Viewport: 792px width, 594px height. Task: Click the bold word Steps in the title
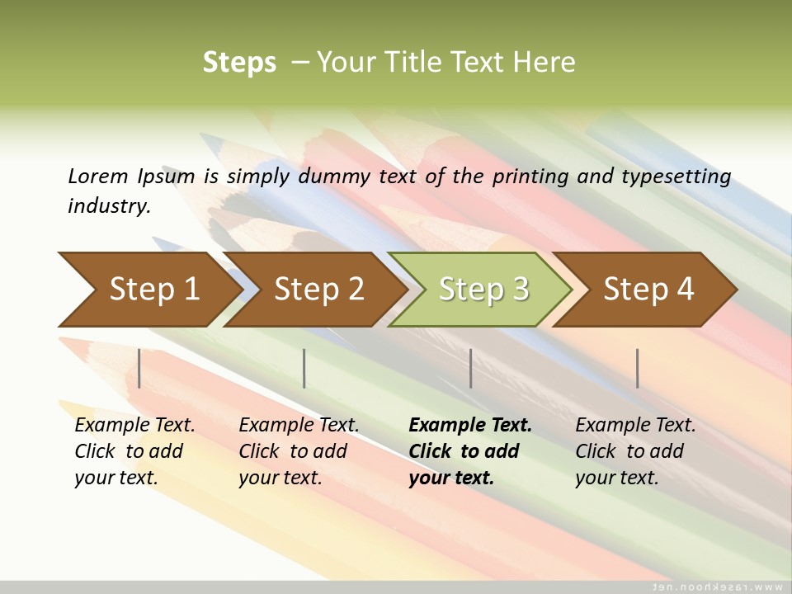click(239, 63)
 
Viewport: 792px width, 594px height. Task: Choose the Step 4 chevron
click(648, 290)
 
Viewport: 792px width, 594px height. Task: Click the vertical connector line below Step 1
click(139, 368)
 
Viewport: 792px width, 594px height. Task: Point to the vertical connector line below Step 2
click(304, 368)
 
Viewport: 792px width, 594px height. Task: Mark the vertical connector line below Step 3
click(471, 368)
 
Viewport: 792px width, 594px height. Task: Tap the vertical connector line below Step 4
click(638, 368)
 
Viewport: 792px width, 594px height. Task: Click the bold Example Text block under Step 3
click(470, 451)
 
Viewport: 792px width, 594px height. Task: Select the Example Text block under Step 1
click(134, 451)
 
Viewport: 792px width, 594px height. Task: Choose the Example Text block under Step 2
click(299, 451)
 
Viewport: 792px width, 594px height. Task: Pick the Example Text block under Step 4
click(635, 451)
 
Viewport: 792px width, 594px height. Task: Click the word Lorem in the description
click(98, 176)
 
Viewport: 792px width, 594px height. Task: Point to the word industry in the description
click(108, 206)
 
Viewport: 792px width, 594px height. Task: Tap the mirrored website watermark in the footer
click(718, 587)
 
